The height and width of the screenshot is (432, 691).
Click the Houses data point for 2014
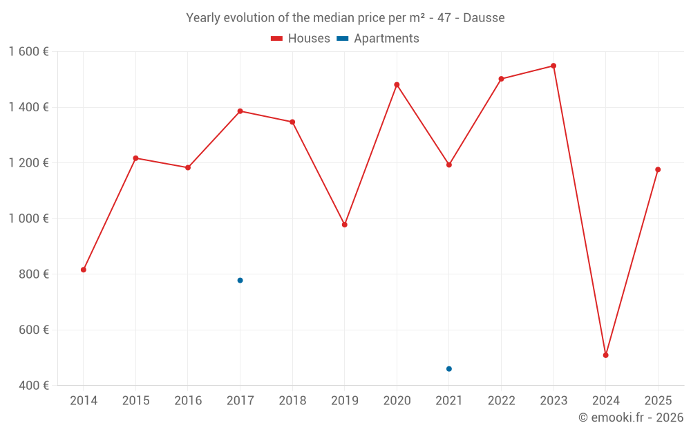84,270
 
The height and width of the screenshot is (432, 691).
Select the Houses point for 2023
553,66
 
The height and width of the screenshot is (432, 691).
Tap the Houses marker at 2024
605,355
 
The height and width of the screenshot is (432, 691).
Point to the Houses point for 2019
345,225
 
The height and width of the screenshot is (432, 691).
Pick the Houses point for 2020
397,85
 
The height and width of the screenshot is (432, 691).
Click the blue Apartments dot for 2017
240,280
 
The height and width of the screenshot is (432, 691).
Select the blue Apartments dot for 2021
449,369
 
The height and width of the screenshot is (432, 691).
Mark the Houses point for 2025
658,169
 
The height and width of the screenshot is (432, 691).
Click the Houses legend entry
301,39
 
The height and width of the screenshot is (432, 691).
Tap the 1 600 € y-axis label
28,52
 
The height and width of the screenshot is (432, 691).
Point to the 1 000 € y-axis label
28,218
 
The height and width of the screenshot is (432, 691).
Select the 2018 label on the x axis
292,401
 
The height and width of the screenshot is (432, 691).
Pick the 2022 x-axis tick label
501,401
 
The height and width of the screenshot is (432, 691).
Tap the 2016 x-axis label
188,401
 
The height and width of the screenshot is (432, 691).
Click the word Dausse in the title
484,18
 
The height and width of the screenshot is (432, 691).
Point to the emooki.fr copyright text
630,417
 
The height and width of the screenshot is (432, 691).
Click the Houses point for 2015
135,158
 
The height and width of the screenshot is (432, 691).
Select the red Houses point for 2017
240,111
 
